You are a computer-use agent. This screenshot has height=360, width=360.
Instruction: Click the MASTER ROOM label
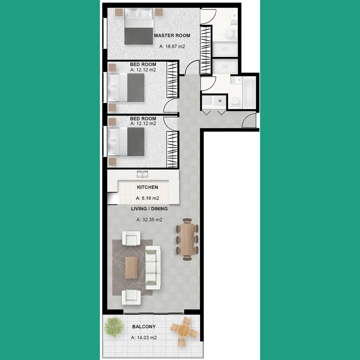pyautogui.click(x=172, y=35)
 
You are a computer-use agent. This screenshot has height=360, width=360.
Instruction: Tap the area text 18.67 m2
pyautogui.click(x=172, y=47)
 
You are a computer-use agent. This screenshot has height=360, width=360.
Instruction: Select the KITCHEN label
pyautogui.click(x=147, y=187)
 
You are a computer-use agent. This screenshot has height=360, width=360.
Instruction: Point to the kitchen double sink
pyautogui.click(x=143, y=174)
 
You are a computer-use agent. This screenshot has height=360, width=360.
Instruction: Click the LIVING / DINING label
pyautogui.click(x=149, y=209)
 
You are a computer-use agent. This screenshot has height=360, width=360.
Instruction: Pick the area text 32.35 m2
pyautogui.click(x=149, y=220)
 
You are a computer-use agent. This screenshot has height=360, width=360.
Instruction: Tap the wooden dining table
pyautogui.click(x=187, y=239)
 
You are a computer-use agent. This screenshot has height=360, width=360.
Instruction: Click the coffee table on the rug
pyautogui.click(x=131, y=267)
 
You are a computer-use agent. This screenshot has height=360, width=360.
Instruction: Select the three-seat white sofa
pyautogui.click(x=153, y=268)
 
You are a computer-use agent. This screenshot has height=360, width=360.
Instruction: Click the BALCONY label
pyautogui.click(x=144, y=327)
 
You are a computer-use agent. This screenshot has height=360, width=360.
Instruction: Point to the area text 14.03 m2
pyautogui.click(x=144, y=338)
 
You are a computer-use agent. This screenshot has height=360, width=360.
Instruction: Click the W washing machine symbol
pyautogui.click(x=220, y=101)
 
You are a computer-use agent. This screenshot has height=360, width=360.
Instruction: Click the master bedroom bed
pyautogui.click(x=140, y=27)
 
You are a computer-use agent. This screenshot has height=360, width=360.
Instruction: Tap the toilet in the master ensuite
pyautogui.click(x=231, y=33)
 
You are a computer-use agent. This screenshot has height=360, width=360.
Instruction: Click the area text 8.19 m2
pyautogui.click(x=147, y=198)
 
